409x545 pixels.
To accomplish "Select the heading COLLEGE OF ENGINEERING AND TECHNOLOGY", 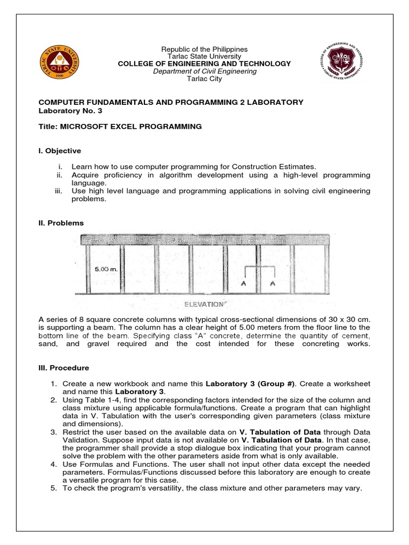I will point(204,64).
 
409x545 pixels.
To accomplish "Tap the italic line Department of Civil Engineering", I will point(204,71).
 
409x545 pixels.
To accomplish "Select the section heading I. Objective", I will point(60,151).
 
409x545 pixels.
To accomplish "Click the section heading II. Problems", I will point(61,223).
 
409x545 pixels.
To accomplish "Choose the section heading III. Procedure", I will point(64,368).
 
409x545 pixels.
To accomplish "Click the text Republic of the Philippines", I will point(204,49).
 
